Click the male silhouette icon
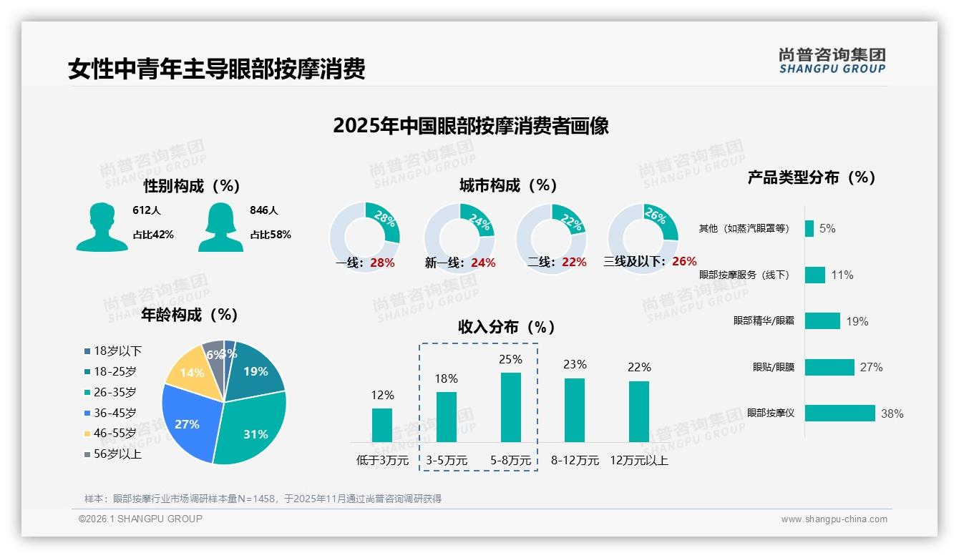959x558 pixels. [x=102, y=227]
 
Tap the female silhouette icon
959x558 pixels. [x=220, y=227]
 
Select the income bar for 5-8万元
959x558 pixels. [x=511, y=407]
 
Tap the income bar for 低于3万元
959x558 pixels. [x=382, y=425]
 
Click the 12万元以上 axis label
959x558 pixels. [x=638, y=461]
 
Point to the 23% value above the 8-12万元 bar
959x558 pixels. [x=574, y=365]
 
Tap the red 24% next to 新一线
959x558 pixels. [x=483, y=263]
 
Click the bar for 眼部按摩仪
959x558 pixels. [x=839, y=413]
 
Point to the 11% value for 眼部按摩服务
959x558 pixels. [x=842, y=275]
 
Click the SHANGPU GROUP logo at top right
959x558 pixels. [x=832, y=61]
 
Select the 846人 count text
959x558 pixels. [x=264, y=210]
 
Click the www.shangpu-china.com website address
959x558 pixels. [x=834, y=519]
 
